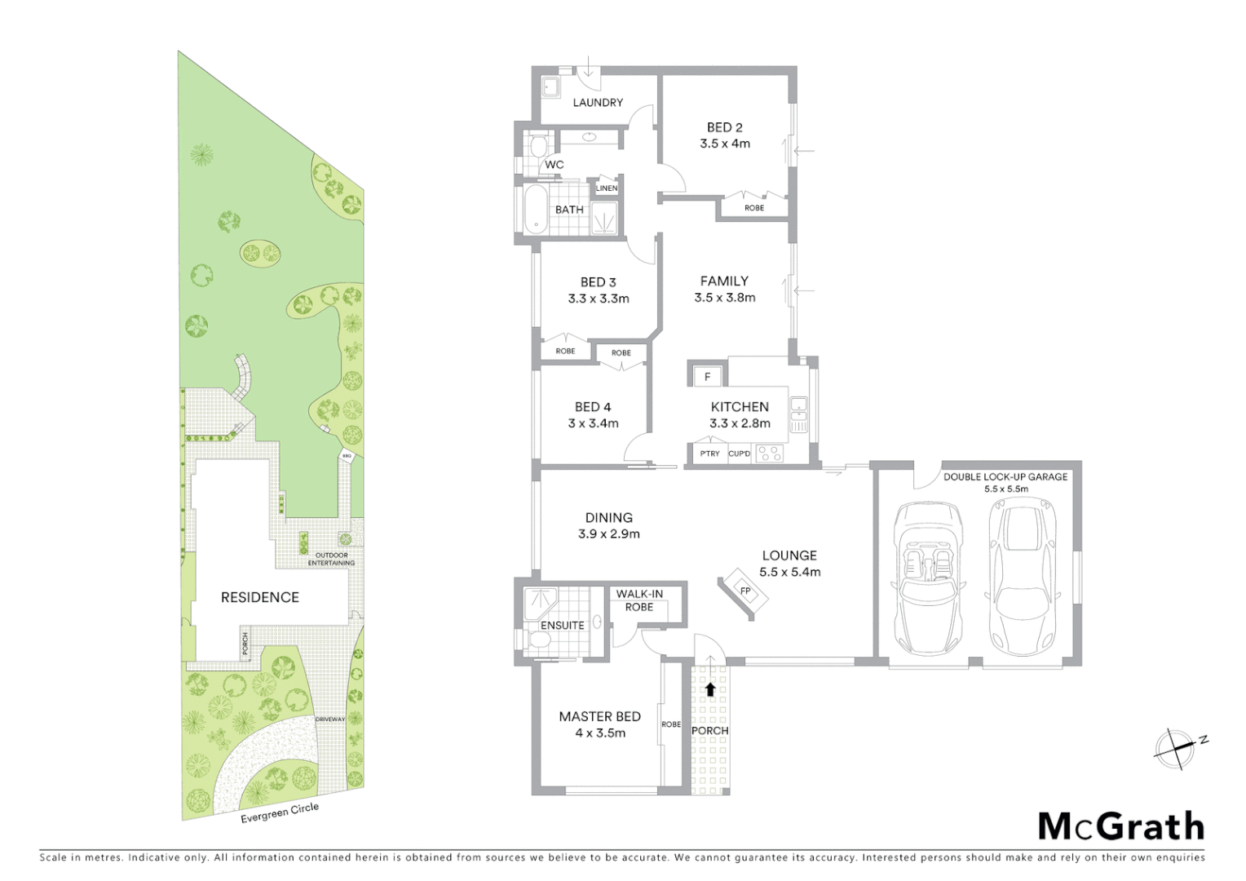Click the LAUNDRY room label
point(597,103)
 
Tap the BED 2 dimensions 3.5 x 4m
point(724,144)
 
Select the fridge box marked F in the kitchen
point(707,377)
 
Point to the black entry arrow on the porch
point(709,689)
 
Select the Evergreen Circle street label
point(280,814)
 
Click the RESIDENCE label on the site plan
point(259,598)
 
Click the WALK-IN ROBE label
point(639,600)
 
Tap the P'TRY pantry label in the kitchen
point(709,454)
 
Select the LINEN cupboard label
point(607,188)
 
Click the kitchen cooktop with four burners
point(769,453)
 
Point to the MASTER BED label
point(599,717)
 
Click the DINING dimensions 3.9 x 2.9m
point(608,535)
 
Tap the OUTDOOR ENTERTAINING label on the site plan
point(331,560)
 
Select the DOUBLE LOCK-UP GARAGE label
point(1005,477)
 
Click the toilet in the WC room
point(537,148)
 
